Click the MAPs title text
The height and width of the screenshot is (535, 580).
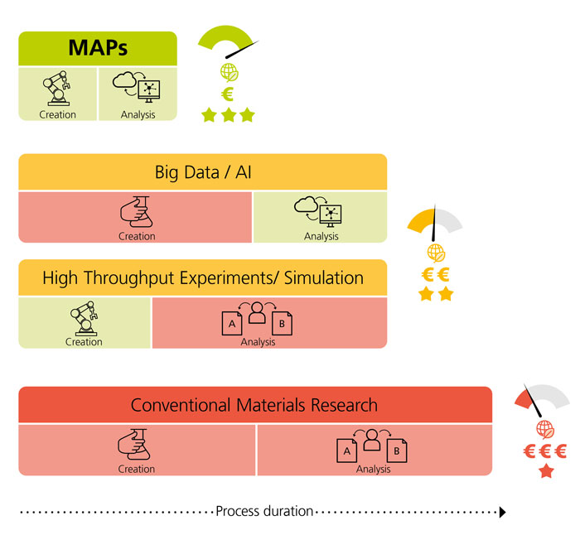pyautogui.click(x=98, y=48)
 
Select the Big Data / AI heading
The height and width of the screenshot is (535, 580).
pyautogui.click(x=202, y=172)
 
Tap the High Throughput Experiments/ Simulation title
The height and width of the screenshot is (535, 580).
pyautogui.click(x=203, y=278)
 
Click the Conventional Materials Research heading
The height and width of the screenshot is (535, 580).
pyautogui.click(x=254, y=405)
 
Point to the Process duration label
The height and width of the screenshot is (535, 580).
pyautogui.click(x=264, y=511)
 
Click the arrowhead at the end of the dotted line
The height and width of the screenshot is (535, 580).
pyautogui.click(x=501, y=512)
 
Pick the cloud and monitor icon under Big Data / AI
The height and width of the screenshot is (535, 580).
pyautogui.click(x=320, y=212)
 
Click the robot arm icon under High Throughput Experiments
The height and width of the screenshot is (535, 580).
pyautogui.click(x=84, y=317)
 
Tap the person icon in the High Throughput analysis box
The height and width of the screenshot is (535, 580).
pyautogui.click(x=258, y=313)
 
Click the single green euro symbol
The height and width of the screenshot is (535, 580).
pyautogui.click(x=227, y=94)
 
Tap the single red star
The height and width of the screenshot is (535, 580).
pyautogui.click(x=546, y=471)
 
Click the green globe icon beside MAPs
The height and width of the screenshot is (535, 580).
pyautogui.click(x=227, y=71)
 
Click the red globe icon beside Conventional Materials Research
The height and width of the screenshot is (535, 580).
pyautogui.click(x=545, y=429)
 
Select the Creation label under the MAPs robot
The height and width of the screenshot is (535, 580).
pyautogui.click(x=57, y=114)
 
